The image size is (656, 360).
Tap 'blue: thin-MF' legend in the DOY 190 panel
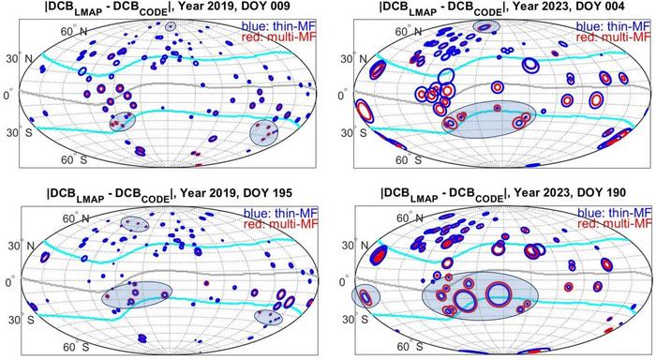tap(613, 210)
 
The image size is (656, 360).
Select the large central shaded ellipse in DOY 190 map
tap(480, 295)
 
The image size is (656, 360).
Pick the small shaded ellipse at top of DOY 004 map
tap(487, 27)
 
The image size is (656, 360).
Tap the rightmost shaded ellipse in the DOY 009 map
tap(265, 132)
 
